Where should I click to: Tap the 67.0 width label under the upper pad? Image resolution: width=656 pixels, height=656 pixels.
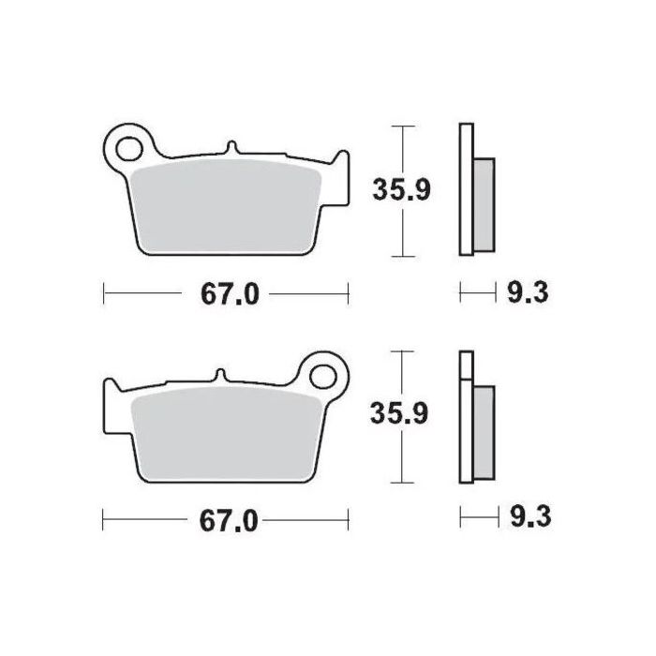point(227,294)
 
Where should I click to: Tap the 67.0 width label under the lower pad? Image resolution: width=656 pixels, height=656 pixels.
point(227,519)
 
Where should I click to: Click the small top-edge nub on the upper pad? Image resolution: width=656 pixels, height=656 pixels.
point(231,148)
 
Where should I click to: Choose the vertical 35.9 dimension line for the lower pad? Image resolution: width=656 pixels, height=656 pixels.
point(403,459)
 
